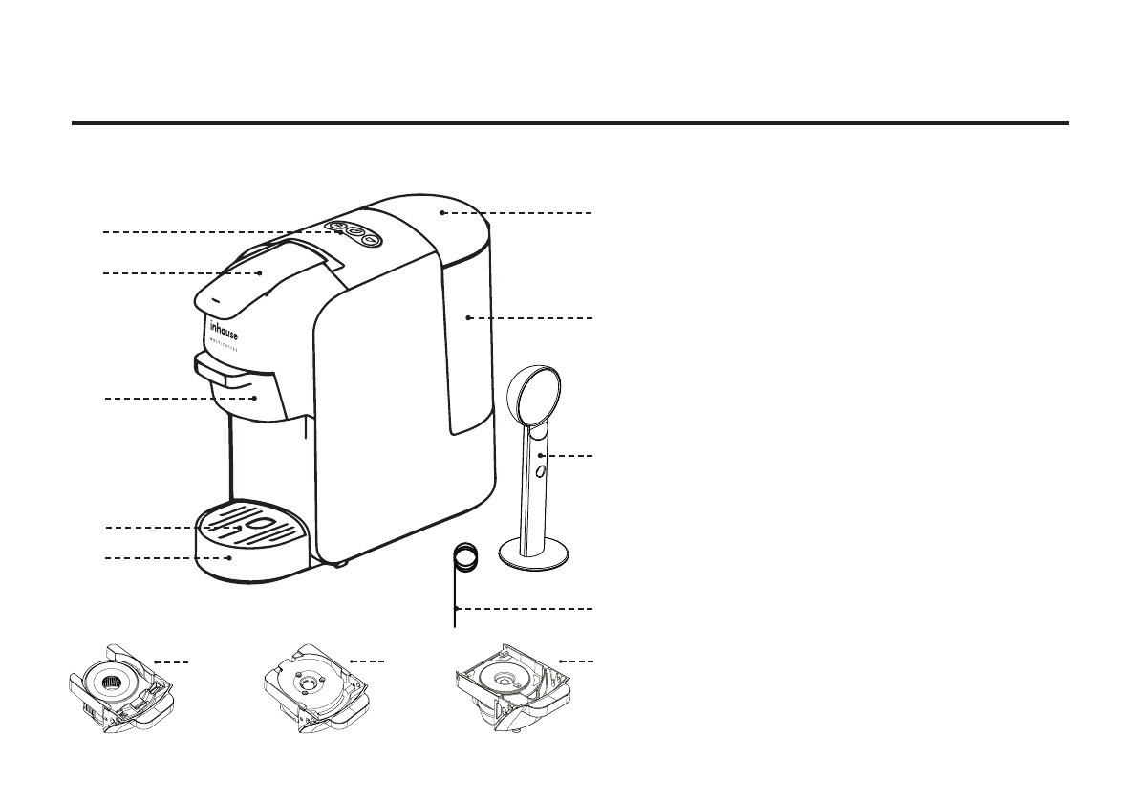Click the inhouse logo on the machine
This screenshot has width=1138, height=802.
coord(225,331)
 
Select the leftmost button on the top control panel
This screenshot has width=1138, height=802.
coord(336,227)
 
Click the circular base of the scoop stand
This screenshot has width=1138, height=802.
coord(535,553)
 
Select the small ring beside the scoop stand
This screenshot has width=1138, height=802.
coord(464,556)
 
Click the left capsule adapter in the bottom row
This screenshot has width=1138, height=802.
coord(119,688)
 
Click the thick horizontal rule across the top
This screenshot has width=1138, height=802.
coord(569,123)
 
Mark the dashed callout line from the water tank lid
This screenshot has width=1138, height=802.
coord(521,213)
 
